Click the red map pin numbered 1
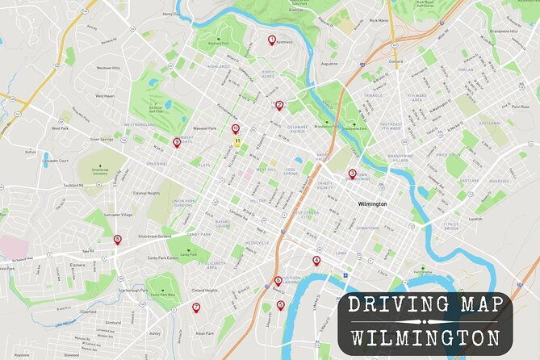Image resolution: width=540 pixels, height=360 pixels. (x=271, y=40)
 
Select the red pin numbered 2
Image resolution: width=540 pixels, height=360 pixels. (x=279, y=105)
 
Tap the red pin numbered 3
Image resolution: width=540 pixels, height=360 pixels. (x=352, y=174)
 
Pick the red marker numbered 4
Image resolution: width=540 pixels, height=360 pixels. (x=316, y=261)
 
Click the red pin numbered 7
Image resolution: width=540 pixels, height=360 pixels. (x=195, y=308)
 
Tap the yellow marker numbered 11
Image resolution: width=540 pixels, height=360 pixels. (x=238, y=140)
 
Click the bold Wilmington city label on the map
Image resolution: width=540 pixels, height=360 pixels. (x=373, y=203)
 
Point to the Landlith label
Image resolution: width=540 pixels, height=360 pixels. (x=475, y=219)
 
